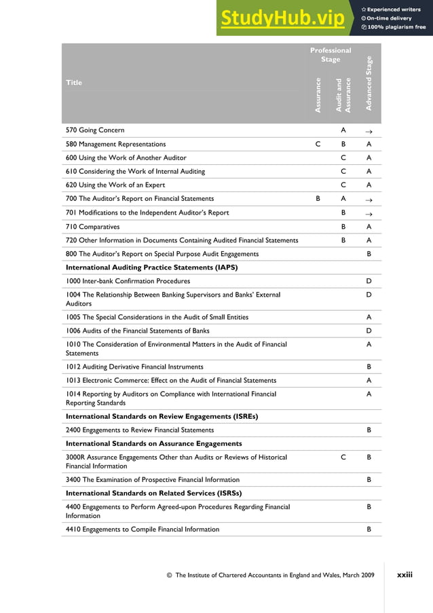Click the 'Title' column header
tap(74, 83)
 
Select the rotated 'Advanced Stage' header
tap(369, 83)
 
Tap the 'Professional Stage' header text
tap(331, 55)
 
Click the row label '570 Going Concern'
tap(95, 130)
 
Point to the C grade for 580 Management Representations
tap(318, 144)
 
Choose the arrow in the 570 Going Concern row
tap(369, 130)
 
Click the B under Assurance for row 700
tap(318, 199)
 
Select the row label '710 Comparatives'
tap(92, 226)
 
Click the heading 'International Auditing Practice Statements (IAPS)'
tap(151, 267)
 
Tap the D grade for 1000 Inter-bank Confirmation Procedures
tap(369, 281)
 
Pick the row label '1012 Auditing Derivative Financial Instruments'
tap(134, 367)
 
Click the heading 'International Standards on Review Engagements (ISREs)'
tap(162, 416)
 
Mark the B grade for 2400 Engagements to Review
tap(369, 430)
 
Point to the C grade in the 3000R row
tap(343, 458)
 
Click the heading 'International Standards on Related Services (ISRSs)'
tap(154, 493)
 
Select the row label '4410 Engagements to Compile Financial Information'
tap(143, 529)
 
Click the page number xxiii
tap(405, 575)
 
